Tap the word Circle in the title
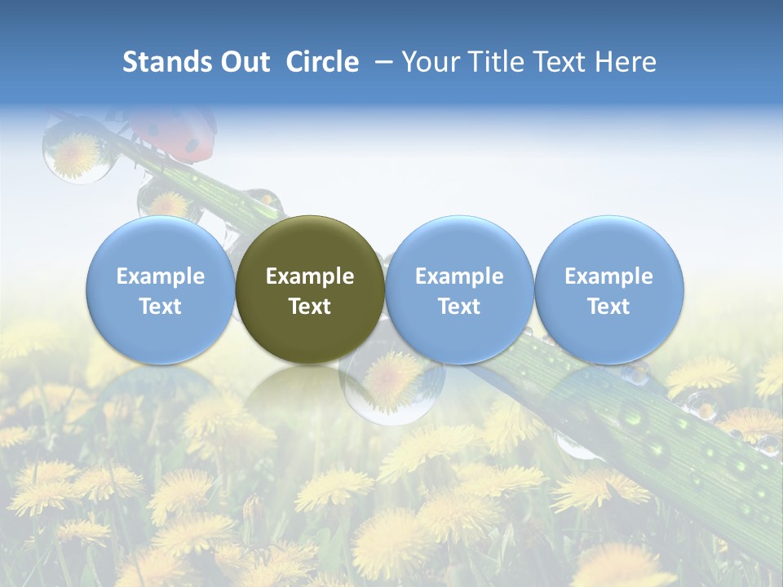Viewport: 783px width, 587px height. click(x=322, y=62)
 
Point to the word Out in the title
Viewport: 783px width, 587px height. click(x=245, y=62)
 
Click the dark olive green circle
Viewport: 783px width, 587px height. click(x=310, y=289)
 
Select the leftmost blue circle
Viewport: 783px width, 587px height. click(x=161, y=289)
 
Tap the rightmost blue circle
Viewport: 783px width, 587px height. click(x=609, y=289)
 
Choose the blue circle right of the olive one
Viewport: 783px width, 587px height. click(x=459, y=289)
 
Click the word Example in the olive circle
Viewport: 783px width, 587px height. click(x=310, y=276)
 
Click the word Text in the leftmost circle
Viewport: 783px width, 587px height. click(x=161, y=307)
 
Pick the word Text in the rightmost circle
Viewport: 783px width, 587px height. click(x=609, y=307)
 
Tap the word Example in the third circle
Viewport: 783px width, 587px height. click(x=459, y=276)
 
